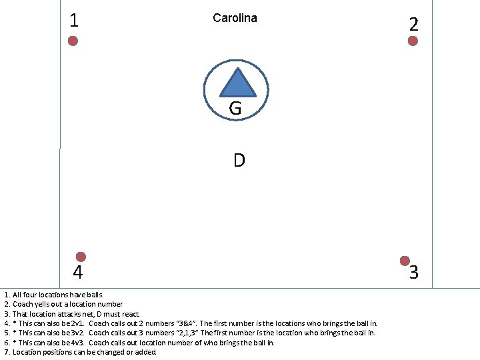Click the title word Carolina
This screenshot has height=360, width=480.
pos(235,18)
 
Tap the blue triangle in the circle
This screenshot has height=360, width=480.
pos(238,83)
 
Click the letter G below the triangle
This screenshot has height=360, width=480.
pos(235,108)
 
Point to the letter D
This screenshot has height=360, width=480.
pos(239,161)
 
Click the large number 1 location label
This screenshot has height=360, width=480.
pos(74,21)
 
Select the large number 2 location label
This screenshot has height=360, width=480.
pos(414,25)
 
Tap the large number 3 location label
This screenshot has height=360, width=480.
pos(414,272)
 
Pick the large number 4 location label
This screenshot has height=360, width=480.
pos(78,273)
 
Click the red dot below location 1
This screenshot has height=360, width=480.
pos(73,41)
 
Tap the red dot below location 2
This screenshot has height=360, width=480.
pos(413,41)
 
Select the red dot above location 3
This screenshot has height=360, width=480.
pos(405,260)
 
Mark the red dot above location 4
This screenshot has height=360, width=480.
pos(81,257)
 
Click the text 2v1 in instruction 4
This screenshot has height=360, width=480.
pos(77,323)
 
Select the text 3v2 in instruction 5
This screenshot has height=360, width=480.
pos(77,333)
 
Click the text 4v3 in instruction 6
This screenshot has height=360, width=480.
pos(77,343)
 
